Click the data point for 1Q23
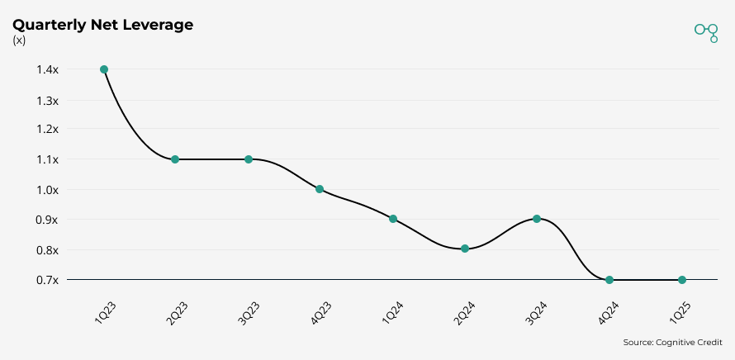point(104,69)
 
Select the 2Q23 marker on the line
point(175,159)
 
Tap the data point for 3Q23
point(248,159)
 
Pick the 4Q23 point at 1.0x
point(320,189)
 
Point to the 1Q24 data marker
point(393,219)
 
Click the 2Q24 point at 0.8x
point(465,249)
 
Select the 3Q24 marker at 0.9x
point(537,219)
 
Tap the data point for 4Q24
point(609,280)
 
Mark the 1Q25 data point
point(682,280)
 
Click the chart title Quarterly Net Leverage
point(102,25)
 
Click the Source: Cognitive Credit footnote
point(672,342)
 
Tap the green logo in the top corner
point(706,31)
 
